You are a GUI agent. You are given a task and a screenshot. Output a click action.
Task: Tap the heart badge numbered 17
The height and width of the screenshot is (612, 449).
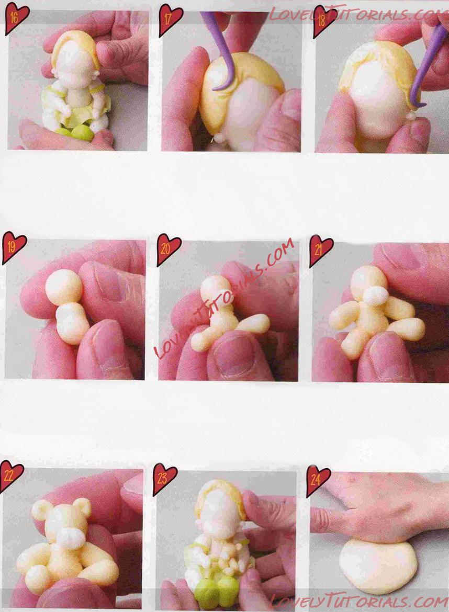(x=170, y=20)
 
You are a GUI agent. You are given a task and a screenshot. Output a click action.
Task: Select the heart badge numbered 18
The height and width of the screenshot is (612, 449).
(x=324, y=21)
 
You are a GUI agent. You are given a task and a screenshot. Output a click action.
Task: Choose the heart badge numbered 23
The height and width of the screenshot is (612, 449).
(x=164, y=478)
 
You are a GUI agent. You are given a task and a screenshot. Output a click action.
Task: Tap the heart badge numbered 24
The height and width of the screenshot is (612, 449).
(x=318, y=480)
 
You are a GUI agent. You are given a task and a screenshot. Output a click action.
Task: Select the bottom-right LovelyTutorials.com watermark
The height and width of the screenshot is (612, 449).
(x=359, y=602)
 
